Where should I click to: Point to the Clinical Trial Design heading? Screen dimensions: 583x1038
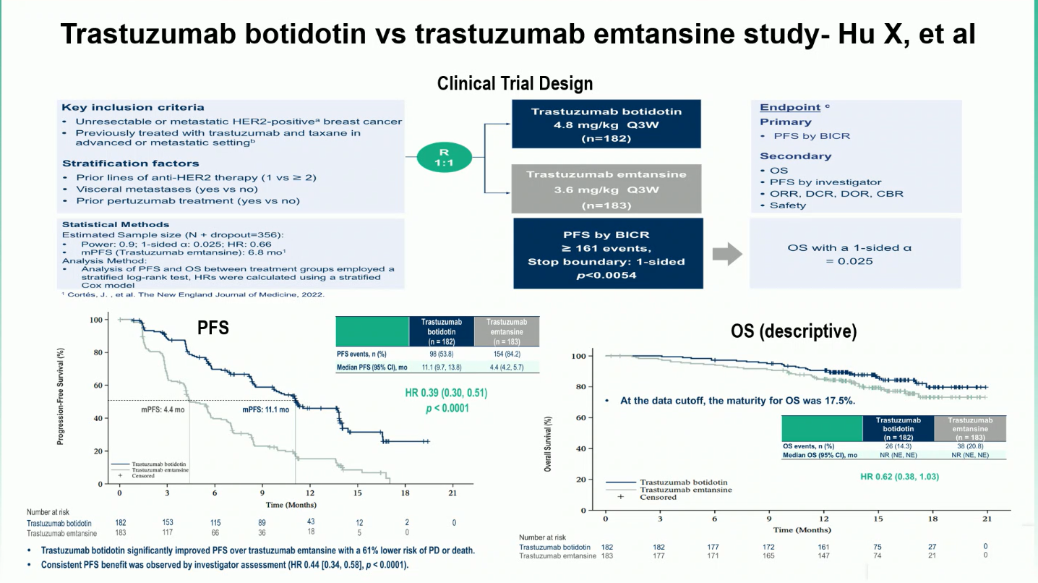click(515, 84)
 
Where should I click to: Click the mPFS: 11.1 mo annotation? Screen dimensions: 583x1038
click(265, 409)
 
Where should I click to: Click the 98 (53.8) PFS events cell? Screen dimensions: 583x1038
click(441, 354)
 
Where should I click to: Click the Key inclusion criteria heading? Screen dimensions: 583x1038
click(133, 108)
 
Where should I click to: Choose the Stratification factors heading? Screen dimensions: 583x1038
click(130, 163)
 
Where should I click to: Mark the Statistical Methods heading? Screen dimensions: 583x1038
click(116, 224)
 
